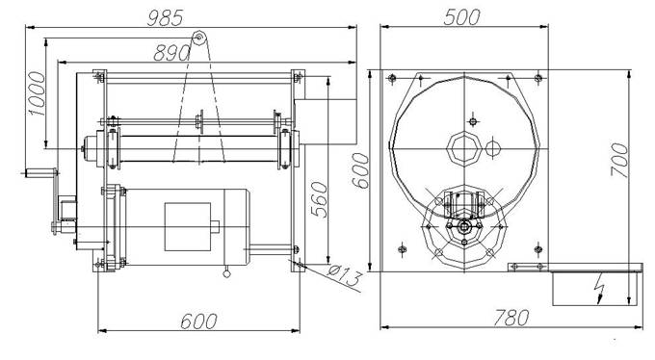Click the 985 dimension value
pos(165,18)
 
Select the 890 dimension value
pos(171,53)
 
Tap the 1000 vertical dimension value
pos(37,93)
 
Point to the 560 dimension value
pos(320,199)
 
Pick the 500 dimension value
pos(462,17)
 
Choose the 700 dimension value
pos(619,160)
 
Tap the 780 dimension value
pos(511,318)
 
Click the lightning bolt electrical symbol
pos(600,288)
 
